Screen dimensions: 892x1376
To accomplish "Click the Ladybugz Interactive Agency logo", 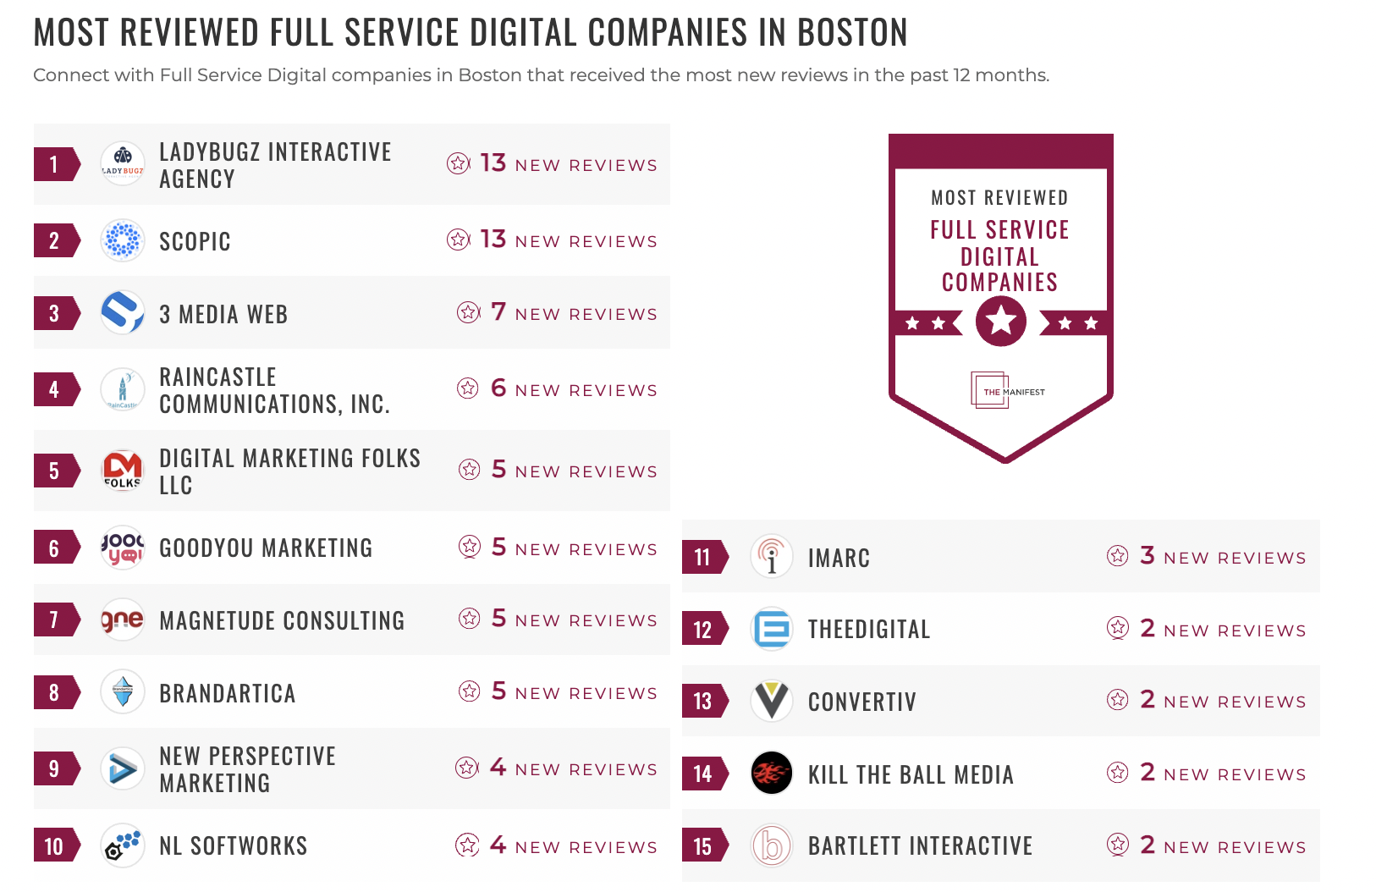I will pos(123,163).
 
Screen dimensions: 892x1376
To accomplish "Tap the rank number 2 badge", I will pos(55,241).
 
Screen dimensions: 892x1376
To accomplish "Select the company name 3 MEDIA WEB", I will pos(223,314).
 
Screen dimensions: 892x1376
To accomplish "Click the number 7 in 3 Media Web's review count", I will pos(498,312).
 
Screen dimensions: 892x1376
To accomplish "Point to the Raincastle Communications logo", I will pos(123,390).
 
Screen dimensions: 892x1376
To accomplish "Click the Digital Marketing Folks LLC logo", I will pos(123,471).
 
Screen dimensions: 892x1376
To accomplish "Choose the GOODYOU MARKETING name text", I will pos(266,548).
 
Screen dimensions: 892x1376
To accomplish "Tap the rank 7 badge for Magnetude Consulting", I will pos(55,620).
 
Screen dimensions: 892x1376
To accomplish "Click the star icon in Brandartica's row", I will pos(470,691).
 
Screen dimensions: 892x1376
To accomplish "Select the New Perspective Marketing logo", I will pos(123,768).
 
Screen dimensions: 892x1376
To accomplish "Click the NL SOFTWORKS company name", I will pos(234,846).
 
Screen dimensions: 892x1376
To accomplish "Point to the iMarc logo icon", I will pos(771,557).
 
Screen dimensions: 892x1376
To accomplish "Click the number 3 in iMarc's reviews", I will pos(1148,555).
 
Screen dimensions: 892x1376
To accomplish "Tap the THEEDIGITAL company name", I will pos(869,630).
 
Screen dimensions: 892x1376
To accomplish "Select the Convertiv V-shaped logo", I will pos(771,701).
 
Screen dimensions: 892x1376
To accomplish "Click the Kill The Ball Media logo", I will pos(771,773).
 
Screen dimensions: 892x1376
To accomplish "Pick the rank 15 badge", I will pos(703,846).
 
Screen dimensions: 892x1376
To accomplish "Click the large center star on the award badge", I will pos(1000,322).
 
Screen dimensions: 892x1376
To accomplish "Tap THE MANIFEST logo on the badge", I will pos(1007,391).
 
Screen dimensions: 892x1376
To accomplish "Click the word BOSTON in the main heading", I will pos(852,33).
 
